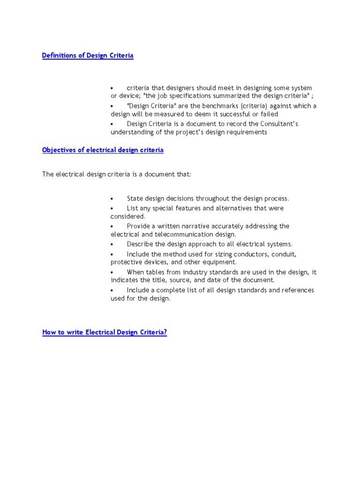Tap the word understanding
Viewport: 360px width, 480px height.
coord(132,132)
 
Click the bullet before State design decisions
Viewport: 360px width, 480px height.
coord(112,199)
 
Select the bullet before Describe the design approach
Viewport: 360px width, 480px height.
coord(112,245)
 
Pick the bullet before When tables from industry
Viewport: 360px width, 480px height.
coord(112,272)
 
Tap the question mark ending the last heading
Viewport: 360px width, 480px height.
coord(165,332)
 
